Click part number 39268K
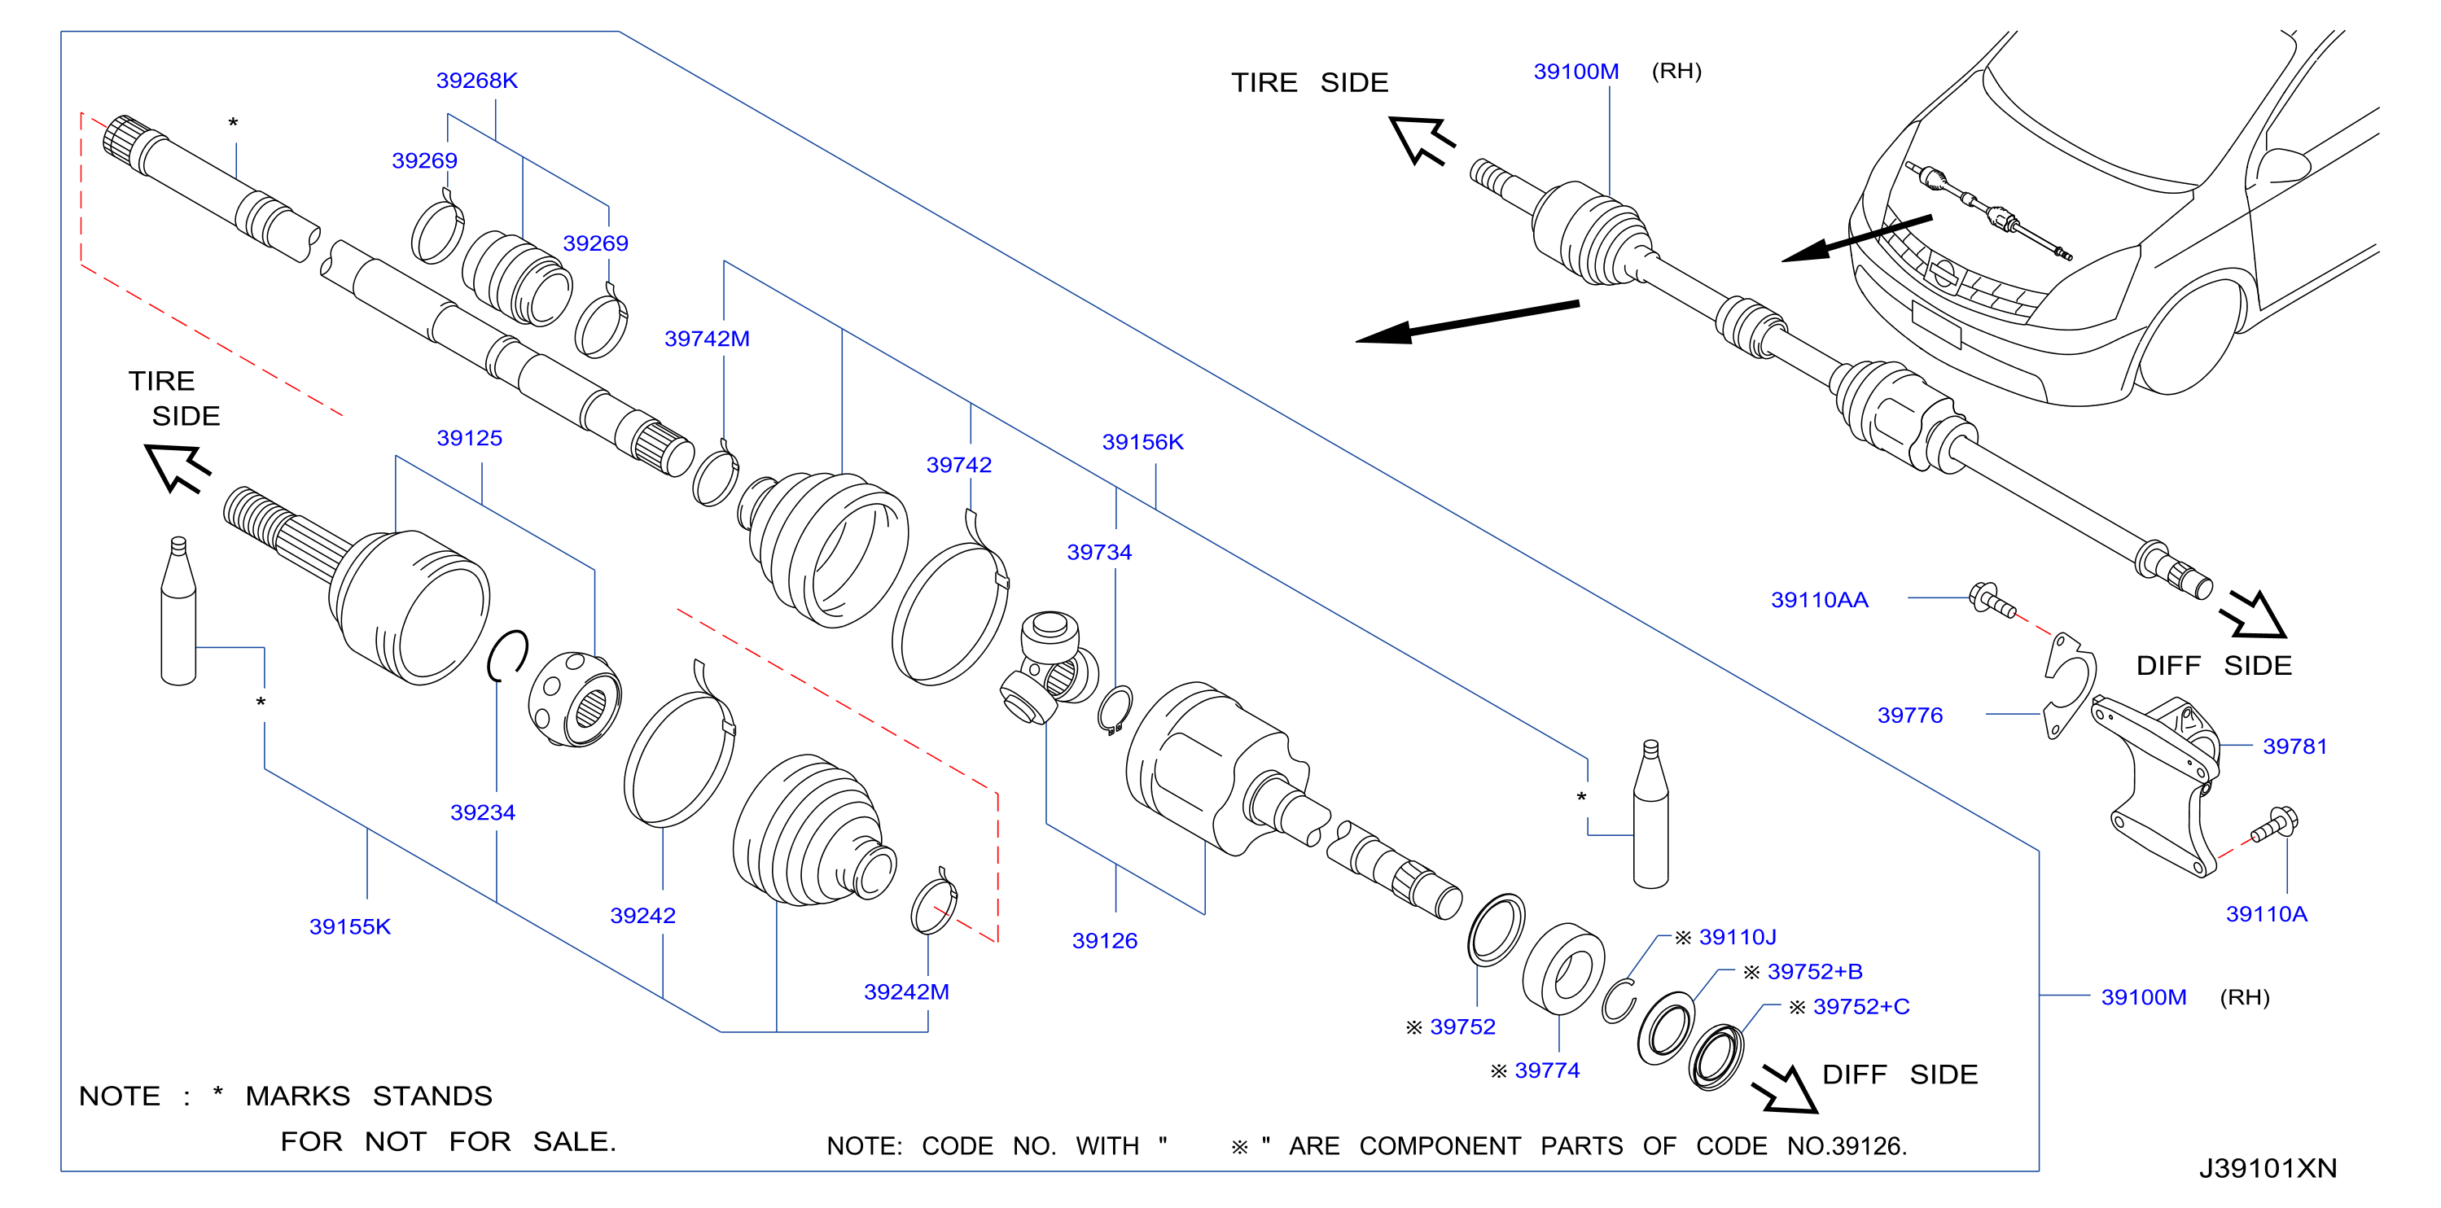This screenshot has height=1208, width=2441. (x=476, y=81)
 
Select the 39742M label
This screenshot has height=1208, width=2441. (x=707, y=339)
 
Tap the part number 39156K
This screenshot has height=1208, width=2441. (x=1143, y=441)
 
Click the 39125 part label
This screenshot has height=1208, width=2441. (x=469, y=438)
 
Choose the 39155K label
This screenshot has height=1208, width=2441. (x=349, y=926)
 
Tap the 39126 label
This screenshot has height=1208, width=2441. (x=1104, y=940)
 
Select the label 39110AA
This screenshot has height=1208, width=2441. (x=1820, y=600)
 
